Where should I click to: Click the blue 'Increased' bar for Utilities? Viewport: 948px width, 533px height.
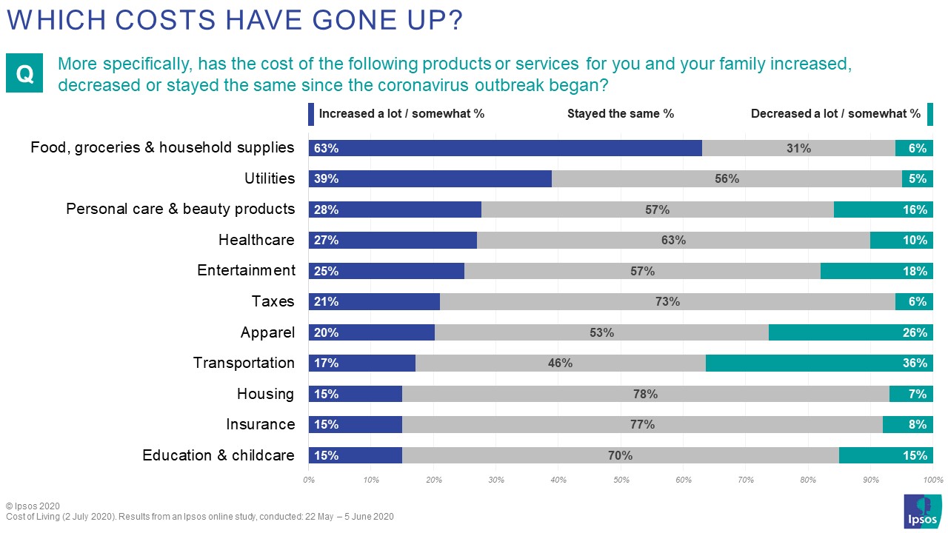tap(430, 178)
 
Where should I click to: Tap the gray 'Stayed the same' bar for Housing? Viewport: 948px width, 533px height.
tap(645, 395)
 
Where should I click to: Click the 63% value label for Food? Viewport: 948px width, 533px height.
tap(326, 148)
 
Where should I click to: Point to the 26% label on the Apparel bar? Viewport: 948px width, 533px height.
tap(915, 333)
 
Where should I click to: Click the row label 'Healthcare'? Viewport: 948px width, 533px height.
tap(256, 240)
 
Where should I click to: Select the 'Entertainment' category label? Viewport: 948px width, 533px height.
tap(246, 271)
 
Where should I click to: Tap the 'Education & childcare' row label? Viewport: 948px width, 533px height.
tap(218, 455)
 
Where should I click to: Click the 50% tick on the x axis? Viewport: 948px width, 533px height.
tap(621, 480)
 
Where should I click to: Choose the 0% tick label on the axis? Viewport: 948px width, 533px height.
tap(309, 480)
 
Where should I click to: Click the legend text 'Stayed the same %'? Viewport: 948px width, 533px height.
tap(621, 114)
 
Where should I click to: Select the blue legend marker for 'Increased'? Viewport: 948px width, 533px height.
tap(311, 114)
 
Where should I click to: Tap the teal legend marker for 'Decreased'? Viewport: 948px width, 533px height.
tap(929, 114)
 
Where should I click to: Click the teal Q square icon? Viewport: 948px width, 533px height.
tap(25, 74)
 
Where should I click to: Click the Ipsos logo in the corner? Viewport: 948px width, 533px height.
tap(922, 511)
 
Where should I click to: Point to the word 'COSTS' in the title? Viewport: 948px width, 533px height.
tap(148, 21)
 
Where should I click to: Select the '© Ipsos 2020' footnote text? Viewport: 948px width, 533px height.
tap(33, 506)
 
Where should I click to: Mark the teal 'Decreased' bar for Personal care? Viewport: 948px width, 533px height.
tap(883, 209)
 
